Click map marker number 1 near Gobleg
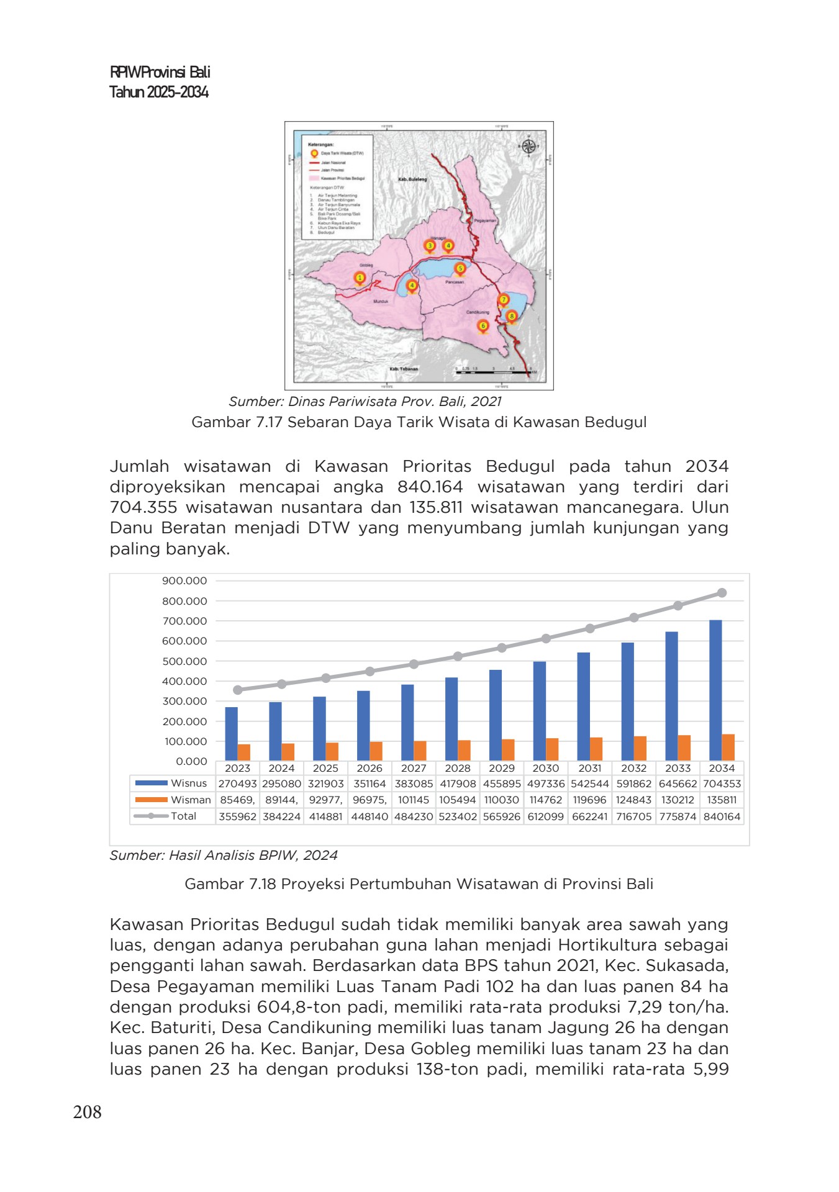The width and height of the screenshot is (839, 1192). click(360, 278)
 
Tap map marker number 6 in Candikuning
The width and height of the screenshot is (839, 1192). click(483, 326)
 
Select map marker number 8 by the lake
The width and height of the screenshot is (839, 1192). click(512, 317)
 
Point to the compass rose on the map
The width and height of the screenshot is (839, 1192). click(528, 147)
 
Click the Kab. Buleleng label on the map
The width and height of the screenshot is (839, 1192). click(412, 179)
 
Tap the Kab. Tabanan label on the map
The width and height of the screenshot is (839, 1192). click(404, 369)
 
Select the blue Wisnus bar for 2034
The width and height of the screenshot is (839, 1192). click(715, 689)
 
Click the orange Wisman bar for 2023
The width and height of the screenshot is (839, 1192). click(244, 752)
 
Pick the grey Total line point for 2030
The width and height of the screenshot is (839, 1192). click(546, 638)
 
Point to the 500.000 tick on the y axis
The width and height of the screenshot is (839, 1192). click(184, 661)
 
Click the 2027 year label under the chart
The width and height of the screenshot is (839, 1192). click(414, 768)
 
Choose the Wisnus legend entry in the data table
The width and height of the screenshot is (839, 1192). click(172, 783)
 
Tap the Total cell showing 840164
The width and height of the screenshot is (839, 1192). click(722, 816)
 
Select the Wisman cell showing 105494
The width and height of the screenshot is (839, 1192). click(458, 800)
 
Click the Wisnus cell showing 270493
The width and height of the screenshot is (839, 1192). click(237, 784)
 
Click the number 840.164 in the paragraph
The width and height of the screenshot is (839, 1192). click(430, 487)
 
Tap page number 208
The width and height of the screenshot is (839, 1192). click(87, 1111)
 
